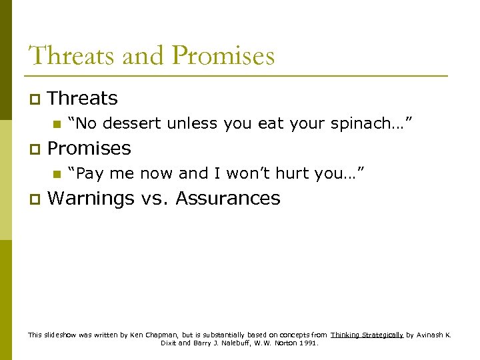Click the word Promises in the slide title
(x=223, y=55)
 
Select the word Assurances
(x=228, y=199)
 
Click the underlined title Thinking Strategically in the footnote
(x=367, y=335)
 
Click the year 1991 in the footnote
(x=309, y=343)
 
